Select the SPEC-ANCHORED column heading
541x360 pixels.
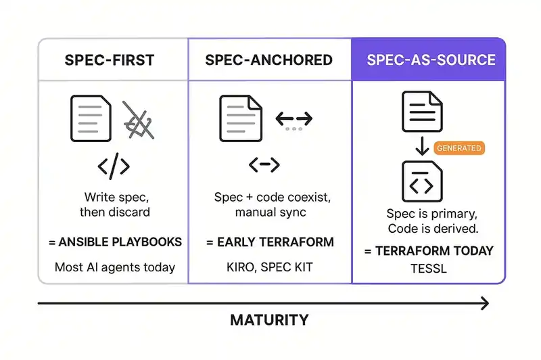(x=269, y=60)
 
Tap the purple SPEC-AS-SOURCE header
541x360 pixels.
(x=430, y=60)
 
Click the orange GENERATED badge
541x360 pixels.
(x=459, y=148)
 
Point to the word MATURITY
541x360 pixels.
(x=269, y=320)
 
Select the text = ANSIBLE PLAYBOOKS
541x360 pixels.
(x=115, y=242)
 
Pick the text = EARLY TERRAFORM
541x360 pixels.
(x=269, y=242)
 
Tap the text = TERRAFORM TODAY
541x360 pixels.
(x=429, y=251)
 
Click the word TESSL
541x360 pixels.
(x=429, y=268)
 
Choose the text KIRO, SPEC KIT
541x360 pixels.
(x=269, y=267)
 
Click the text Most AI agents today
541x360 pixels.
(x=115, y=267)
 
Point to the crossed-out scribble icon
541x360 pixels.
(x=138, y=120)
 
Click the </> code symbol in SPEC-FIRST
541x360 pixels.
(x=114, y=166)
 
